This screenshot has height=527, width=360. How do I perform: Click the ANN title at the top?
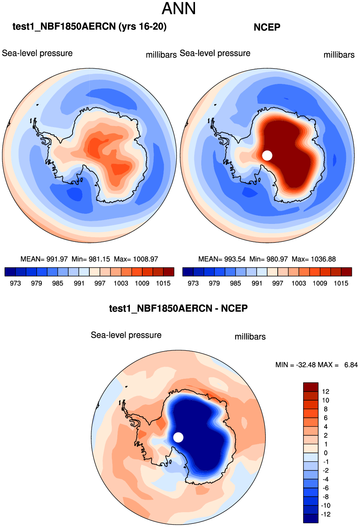179,9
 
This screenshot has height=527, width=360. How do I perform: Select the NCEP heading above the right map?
267,27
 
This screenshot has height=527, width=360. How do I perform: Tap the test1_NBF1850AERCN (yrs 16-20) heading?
89,27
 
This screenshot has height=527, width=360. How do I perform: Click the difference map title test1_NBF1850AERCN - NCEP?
178,309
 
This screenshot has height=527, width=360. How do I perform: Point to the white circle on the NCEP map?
267,155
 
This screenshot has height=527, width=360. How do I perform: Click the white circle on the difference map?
178,437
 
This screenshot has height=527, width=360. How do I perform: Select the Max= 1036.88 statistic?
314,259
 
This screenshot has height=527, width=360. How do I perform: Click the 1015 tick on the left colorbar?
163,283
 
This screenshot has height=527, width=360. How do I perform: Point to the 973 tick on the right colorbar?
193,283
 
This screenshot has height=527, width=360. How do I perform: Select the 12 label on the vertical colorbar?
326,392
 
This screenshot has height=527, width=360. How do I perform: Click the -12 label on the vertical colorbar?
325,514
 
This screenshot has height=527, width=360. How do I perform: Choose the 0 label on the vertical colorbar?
326,453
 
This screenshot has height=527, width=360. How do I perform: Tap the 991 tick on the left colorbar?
79,283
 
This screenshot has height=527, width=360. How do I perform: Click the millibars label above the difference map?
250,337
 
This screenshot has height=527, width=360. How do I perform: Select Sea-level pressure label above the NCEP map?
215,53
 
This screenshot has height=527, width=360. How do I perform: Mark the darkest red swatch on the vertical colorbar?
310,387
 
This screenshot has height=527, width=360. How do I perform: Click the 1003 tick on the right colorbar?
298,283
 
